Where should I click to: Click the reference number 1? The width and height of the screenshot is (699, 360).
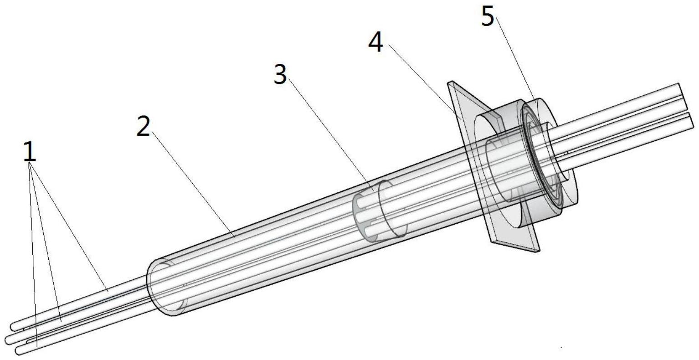coord(30,151)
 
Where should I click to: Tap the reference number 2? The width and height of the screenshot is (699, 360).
coord(143,126)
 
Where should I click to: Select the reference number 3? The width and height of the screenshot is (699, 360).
coord(280,74)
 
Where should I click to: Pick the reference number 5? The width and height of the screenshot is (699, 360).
coord(488,16)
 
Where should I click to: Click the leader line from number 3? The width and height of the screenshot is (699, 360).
coord(331,134)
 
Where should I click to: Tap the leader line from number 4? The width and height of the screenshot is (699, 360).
coord(425,82)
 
